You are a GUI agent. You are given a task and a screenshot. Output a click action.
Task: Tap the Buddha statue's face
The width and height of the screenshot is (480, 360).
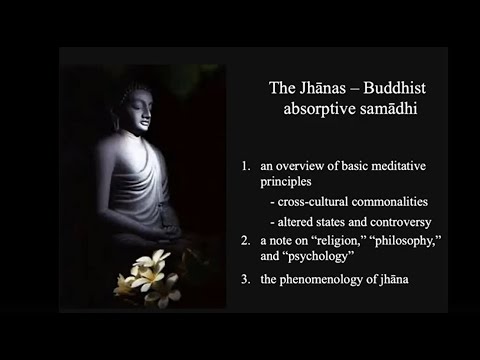coord(138,108)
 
